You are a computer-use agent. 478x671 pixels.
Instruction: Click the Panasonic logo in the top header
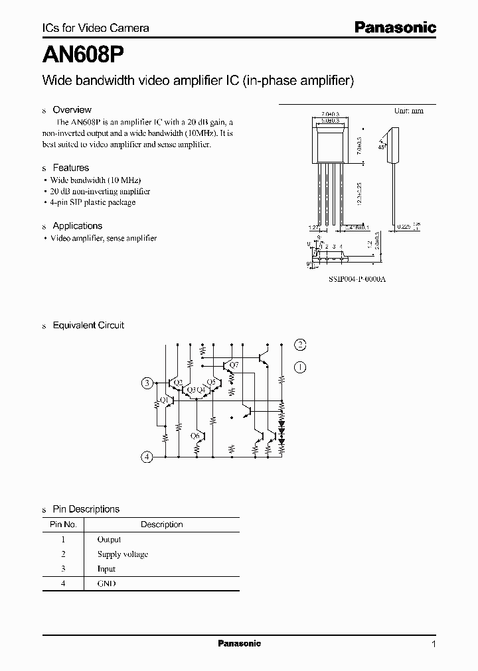pyautogui.click(x=394, y=27)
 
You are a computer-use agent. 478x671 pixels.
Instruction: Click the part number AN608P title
pyautogui.click(x=80, y=53)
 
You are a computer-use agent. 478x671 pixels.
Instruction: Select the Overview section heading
pyautogui.click(x=72, y=110)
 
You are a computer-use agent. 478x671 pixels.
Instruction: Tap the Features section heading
pyautogui.click(x=70, y=168)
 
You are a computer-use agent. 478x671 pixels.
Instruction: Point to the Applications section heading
pyautogui.click(x=77, y=226)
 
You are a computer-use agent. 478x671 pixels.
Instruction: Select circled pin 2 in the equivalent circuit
pyautogui.click(x=301, y=343)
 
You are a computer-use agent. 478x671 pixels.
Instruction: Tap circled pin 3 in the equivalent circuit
pyautogui.click(x=147, y=383)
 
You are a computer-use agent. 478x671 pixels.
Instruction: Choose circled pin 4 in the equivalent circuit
pyautogui.click(x=147, y=456)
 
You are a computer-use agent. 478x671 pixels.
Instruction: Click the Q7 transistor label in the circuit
pyautogui.click(x=233, y=365)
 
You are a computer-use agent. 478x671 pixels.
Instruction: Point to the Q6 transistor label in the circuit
pyautogui.click(x=195, y=436)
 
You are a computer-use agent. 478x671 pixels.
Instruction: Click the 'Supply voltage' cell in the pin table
pyautogui.click(x=122, y=554)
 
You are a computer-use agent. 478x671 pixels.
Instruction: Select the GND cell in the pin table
pyautogui.click(x=106, y=583)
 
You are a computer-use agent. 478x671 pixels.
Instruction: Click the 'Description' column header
pyautogui.click(x=161, y=524)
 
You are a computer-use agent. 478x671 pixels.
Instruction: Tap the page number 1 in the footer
pyautogui.click(x=434, y=644)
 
